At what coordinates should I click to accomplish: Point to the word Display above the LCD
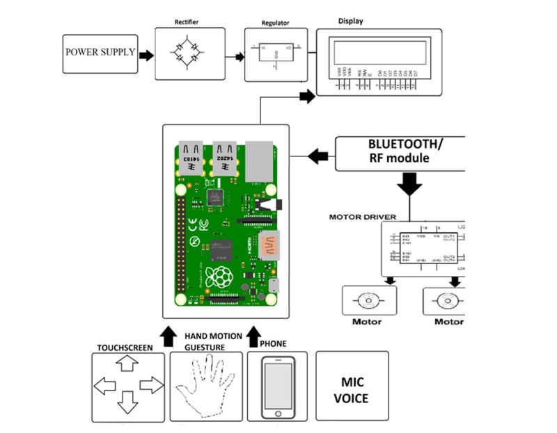click(x=350, y=21)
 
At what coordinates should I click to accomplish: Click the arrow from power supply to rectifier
click(x=146, y=55)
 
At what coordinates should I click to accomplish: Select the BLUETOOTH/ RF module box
click(x=400, y=153)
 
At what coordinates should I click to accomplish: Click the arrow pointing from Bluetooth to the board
click(x=318, y=156)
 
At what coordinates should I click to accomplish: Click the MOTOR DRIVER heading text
click(x=362, y=217)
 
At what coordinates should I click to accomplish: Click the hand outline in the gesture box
click(x=206, y=386)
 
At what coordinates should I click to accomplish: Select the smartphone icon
click(x=278, y=386)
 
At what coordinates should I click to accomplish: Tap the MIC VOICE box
click(x=352, y=386)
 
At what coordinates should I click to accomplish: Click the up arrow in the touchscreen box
click(x=127, y=363)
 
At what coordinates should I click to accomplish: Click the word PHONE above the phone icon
click(x=272, y=343)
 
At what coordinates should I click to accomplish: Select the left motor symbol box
click(x=369, y=301)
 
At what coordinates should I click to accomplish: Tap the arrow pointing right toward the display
click(x=307, y=97)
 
